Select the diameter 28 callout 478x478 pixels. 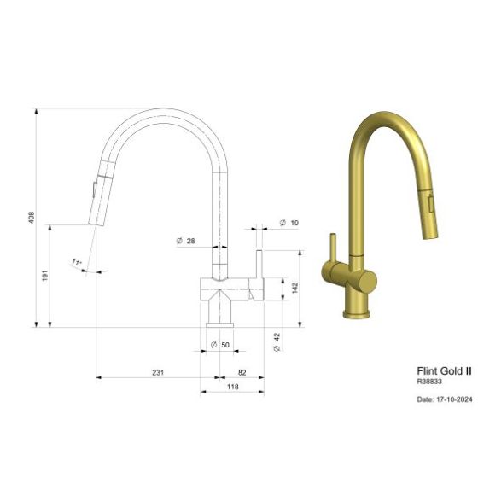(186, 242)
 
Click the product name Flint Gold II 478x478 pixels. (443, 371)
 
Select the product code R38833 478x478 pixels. (429, 382)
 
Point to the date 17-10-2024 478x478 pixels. (443, 397)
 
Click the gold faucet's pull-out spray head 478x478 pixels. (429, 206)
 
